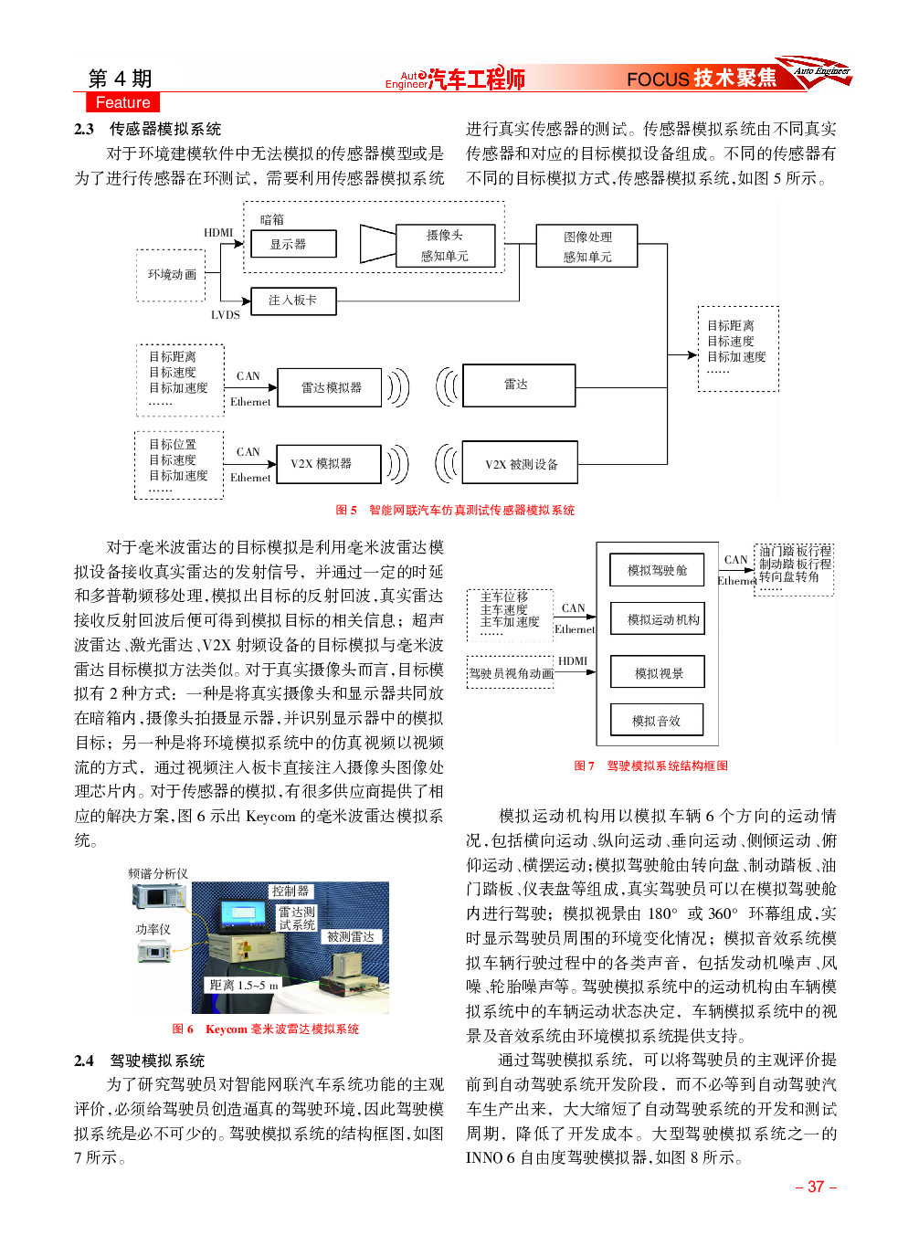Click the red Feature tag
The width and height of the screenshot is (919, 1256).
(122, 102)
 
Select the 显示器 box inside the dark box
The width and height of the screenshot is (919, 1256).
(293, 244)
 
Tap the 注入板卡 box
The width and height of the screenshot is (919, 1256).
(293, 301)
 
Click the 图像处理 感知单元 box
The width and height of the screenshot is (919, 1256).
(586, 246)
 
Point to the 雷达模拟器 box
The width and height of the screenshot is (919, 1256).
(329, 387)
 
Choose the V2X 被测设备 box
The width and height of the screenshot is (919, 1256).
(520, 462)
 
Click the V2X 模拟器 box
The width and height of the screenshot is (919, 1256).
(329, 464)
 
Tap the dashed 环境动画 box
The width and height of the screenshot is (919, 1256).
(171, 275)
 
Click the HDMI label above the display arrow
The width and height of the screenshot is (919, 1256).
(218, 232)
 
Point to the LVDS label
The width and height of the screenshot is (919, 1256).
(226, 315)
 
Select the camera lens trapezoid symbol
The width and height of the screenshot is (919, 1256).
(377, 244)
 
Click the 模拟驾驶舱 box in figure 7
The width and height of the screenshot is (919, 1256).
(657, 570)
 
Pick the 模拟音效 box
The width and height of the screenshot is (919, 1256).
(657, 720)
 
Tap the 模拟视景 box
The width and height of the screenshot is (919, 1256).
(657, 671)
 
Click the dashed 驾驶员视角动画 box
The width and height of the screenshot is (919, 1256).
(511, 672)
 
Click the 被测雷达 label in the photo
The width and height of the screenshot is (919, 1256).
(351, 937)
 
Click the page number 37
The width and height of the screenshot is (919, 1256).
(816, 1187)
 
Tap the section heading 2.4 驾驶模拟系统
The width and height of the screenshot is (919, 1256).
(139, 1061)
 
